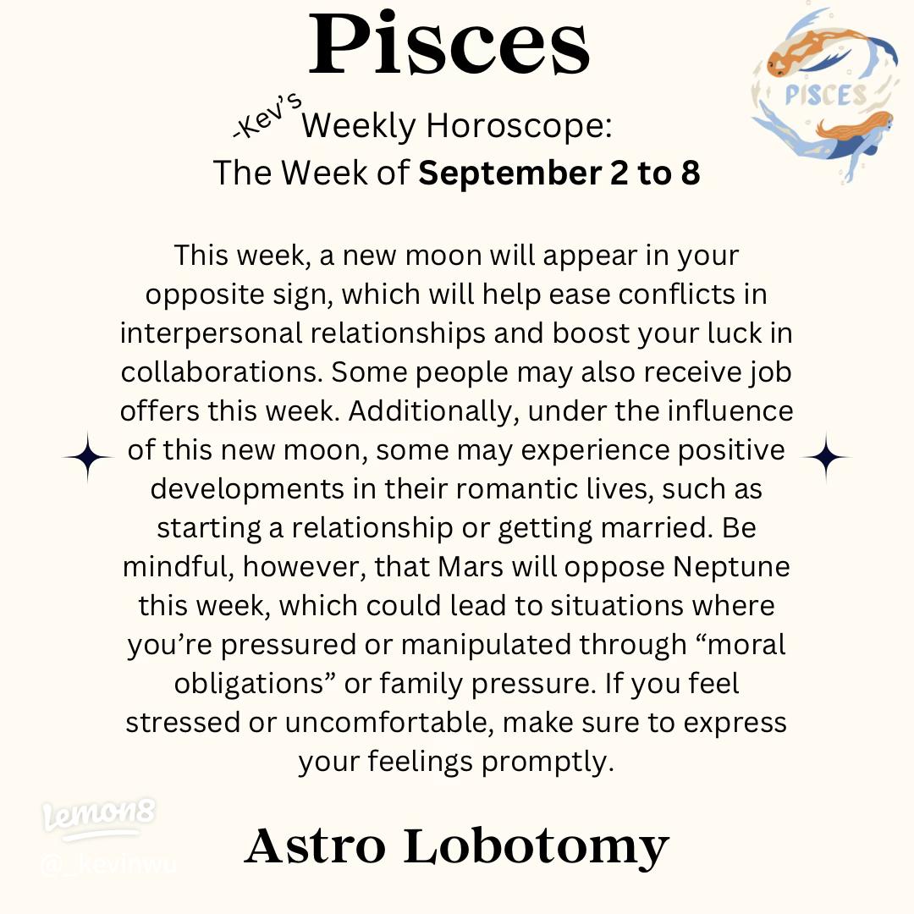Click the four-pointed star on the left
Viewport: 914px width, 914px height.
(x=87, y=457)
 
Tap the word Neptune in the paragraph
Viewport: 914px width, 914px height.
(x=731, y=567)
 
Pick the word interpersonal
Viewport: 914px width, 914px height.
(x=211, y=333)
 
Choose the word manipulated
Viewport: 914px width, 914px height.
(x=487, y=645)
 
